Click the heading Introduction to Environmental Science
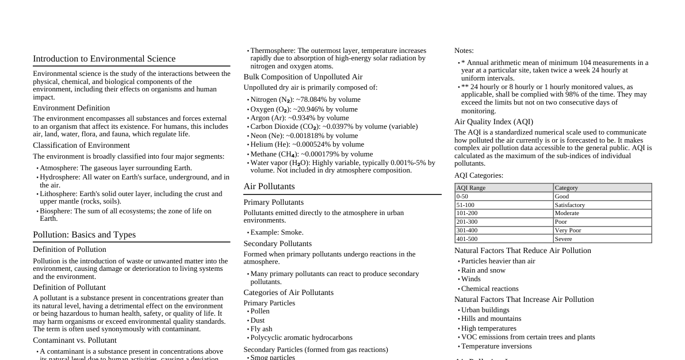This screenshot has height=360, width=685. click(104, 59)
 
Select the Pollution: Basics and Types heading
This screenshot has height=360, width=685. click(84, 235)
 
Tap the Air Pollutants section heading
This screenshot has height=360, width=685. click(269, 186)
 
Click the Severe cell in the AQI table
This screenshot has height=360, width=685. click(563, 239)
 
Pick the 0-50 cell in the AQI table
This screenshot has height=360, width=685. click(462, 196)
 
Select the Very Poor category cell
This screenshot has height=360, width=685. click(568, 230)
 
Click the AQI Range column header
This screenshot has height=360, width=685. click(470, 187)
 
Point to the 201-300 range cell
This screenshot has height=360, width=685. click(466, 221)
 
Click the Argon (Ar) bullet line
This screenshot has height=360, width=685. click(299, 117)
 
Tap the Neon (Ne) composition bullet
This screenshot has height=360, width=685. click(304, 136)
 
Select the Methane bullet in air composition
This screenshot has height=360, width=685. click(311, 154)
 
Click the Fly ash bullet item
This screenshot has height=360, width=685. click(261, 329)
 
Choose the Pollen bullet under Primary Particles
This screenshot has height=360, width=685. click(259, 311)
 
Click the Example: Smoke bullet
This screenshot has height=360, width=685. click(277, 232)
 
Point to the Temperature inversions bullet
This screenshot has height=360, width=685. click(496, 346)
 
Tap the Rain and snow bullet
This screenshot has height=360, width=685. click(483, 270)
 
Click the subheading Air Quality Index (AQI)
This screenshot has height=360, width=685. click(493, 122)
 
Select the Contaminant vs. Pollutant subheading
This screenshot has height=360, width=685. click(75, 340)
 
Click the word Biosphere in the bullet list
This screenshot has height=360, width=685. click(55, 211)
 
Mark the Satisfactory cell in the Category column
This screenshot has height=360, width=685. click(569, 205)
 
